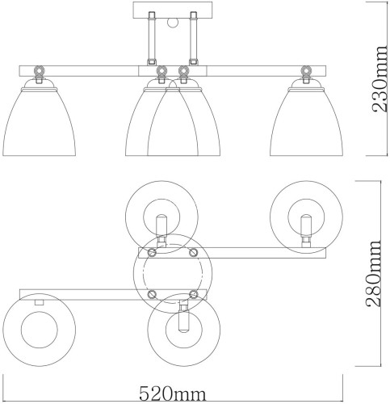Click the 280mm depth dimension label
pyautogui.click(x=375, y=275)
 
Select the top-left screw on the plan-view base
pyautogui.click(x=149, y=253)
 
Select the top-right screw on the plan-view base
pyautogui.click(x=193, y=253)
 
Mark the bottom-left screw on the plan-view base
pyautogui.click(x=149, y=293)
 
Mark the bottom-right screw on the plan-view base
pyautogui.click(x=193, y=293)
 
